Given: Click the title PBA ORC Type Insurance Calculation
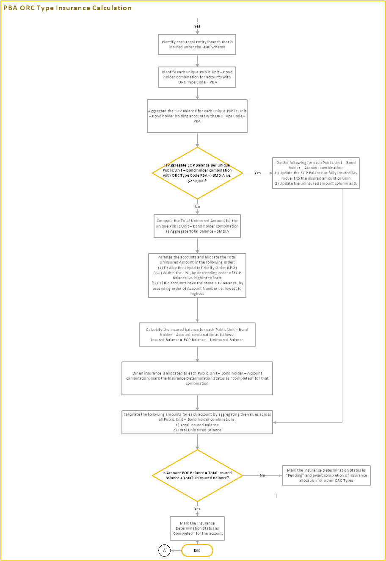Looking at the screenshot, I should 68,8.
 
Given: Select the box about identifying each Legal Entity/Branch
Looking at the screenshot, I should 197,44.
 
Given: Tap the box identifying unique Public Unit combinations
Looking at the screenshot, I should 197,77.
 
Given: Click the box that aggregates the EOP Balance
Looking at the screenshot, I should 197,116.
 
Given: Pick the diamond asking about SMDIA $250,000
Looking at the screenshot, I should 197,173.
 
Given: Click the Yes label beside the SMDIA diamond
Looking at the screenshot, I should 257,173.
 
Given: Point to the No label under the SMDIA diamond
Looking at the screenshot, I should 197,206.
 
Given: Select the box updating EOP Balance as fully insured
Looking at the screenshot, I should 316,173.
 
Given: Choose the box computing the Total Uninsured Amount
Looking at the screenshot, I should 197,226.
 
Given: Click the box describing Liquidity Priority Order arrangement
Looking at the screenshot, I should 197,275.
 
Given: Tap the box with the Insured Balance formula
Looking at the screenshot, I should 197,334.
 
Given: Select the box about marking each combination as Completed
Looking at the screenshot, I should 197,378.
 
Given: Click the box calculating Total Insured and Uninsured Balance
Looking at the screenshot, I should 197,422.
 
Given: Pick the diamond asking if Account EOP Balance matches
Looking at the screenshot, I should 197,475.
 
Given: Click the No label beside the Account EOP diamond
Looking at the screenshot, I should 262,475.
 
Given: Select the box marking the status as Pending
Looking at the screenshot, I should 326,475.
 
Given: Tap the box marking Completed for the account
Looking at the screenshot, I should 197,528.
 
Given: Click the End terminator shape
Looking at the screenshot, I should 197,550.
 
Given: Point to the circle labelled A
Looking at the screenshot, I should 164,550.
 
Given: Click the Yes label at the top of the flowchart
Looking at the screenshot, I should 197,26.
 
